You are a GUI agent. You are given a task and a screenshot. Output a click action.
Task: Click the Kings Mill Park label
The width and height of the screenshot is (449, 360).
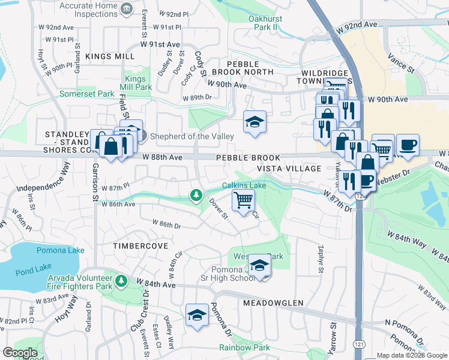pyautogui.click(x=139, y=83)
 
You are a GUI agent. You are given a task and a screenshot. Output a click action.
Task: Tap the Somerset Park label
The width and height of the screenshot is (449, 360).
pyautogui.click(x=86, y=94)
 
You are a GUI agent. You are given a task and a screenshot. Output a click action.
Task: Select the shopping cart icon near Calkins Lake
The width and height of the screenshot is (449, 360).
pyautogui.click(x=243, y=200)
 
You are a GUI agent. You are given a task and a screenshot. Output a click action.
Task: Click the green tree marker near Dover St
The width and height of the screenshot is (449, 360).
pyautogui.click(x=196, y=195)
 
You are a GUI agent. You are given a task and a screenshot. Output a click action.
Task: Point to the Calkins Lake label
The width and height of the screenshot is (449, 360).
pyautogui.click(x=244, y=185)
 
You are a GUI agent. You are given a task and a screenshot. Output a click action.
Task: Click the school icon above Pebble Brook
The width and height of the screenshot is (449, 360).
pyautogui.click(x=255, y=122)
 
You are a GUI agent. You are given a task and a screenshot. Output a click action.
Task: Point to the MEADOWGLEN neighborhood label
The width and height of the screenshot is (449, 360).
pyautogui.click(x=273, y=303)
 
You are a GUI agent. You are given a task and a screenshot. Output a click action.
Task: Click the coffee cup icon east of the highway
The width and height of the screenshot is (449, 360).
pyautogui.click(x=408, y=145)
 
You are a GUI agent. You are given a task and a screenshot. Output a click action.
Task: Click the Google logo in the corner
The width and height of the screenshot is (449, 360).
pyautogui.click(x=19, y=352)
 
